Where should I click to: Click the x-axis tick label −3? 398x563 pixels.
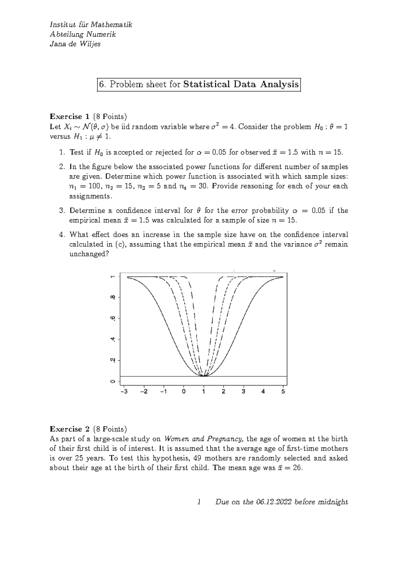tap(124, 391)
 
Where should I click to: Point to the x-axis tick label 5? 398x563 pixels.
tap(283, 391)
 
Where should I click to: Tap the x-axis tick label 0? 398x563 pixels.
tap(184, 391)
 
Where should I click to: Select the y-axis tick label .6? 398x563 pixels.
tap(113, 318)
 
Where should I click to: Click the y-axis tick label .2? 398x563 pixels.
tap(113, 360)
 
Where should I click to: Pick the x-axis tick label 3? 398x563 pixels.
tap(243, 391)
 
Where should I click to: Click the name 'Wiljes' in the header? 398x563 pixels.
tap(89, 44)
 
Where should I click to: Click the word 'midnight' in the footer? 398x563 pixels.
tap(333, 502)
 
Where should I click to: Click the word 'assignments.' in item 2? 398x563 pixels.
tap(91, 196)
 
